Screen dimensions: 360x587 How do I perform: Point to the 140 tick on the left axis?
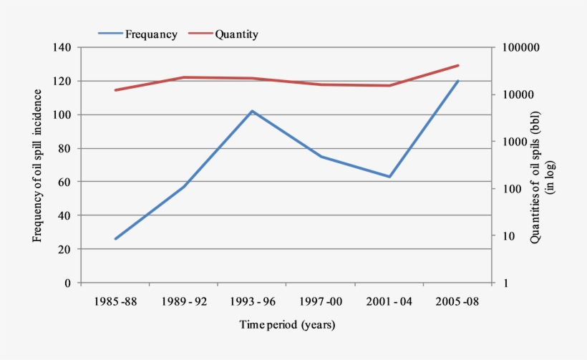(62, 47)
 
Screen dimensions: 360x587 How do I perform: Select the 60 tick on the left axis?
(65, 182)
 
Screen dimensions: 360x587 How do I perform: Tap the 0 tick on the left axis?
(68, 283)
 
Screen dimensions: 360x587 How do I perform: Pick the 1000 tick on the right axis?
(514, 142)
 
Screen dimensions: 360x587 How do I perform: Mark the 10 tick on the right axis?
(509, 236)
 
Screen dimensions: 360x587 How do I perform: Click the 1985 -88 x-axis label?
(115, 301)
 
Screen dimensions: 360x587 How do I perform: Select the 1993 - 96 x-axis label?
(253, 301)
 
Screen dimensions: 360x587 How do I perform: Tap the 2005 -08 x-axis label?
(458, 301)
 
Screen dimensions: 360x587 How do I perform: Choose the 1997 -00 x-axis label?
(321, 301)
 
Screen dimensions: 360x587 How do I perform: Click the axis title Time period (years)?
(286, 325)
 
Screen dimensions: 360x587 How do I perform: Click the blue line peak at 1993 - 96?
(253, 111)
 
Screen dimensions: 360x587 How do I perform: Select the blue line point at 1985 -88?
(115, 239)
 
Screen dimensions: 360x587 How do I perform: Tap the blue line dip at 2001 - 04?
(389, 177)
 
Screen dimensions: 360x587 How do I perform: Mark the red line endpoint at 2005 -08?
(458, 65)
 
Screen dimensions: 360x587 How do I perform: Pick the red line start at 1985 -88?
(115, 90)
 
